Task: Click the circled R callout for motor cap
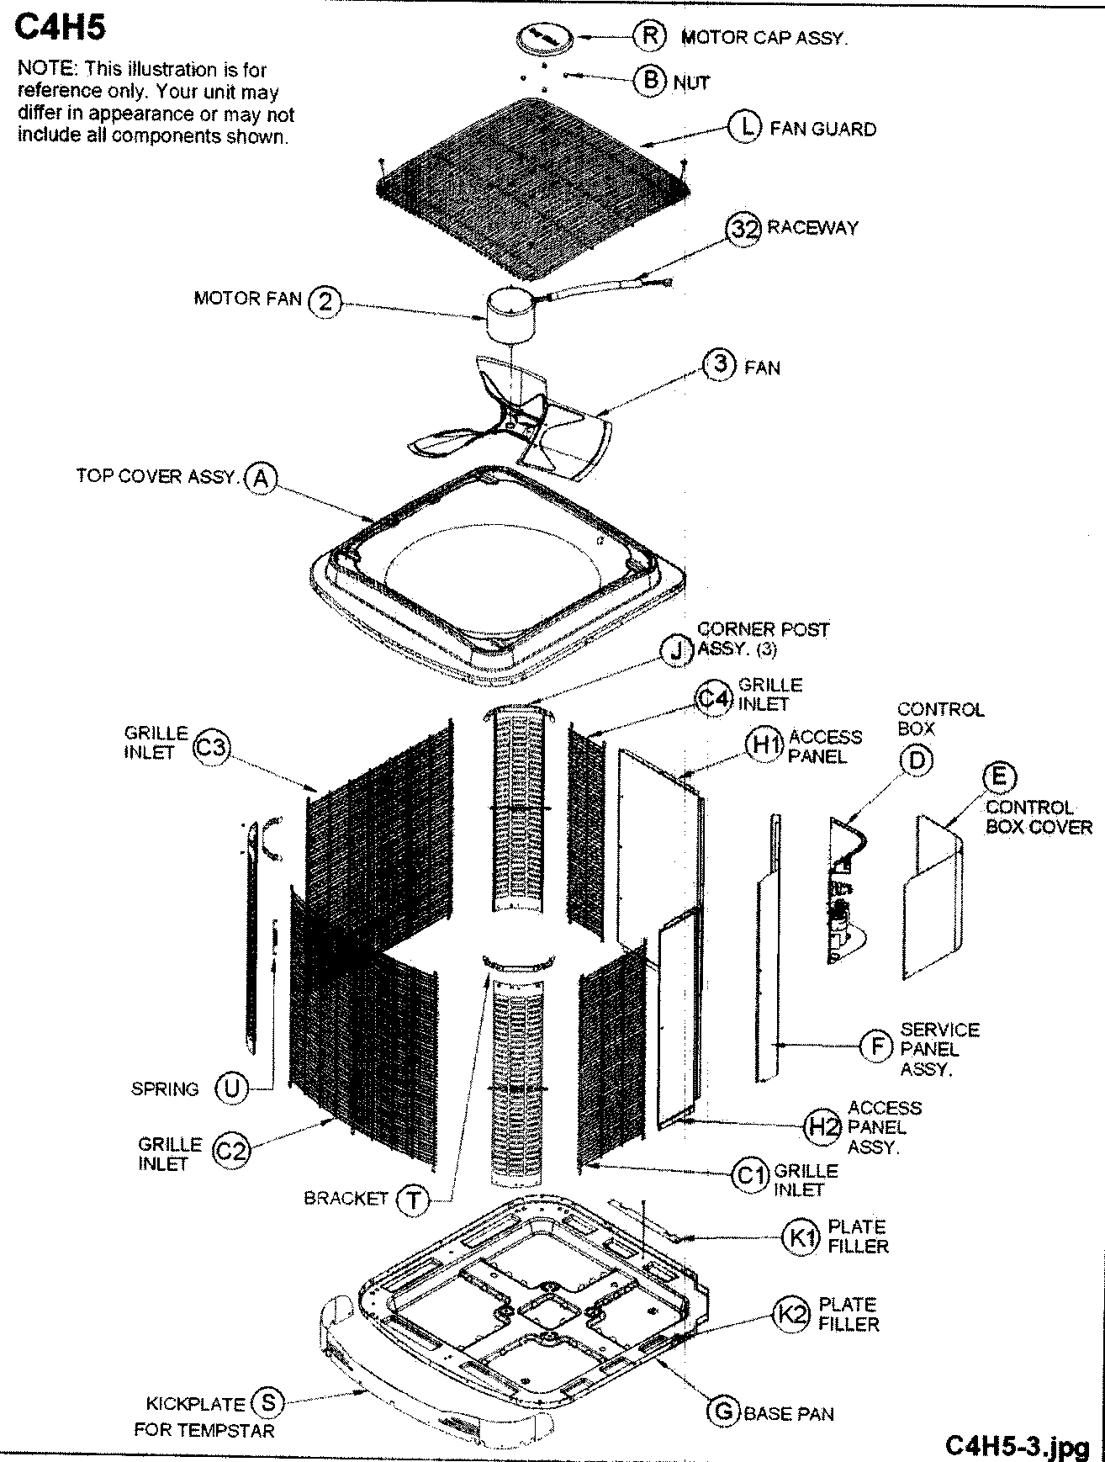coord(649,36)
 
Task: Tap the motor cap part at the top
coord(544,39)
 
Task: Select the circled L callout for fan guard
coord(743,128)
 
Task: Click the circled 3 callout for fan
coord(720,366)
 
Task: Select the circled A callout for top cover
coord(261,478)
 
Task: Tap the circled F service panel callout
coord(877,1046)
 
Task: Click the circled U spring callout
coord(230,1089)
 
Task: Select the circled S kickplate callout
coord(268,1402)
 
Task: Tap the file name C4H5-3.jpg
coord(1018,1445)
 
